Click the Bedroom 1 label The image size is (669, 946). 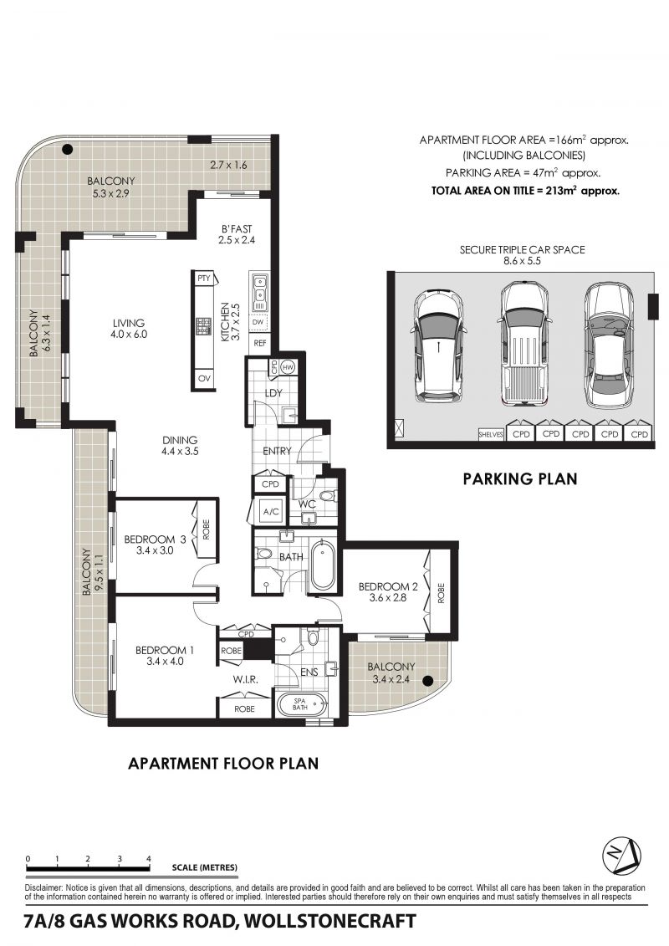tap(164, 655)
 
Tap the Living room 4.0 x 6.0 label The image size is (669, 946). tap(129, 328)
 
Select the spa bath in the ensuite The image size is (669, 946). tap(300, 704)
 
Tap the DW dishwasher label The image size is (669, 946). tap(258, 322)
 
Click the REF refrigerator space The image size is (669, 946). tap(260, 343)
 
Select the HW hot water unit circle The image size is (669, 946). tap(287, 367)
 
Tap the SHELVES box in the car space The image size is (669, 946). tap(490, 434)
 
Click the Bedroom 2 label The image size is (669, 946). tap(388, 592)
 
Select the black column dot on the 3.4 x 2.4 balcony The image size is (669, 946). tap(427, 681)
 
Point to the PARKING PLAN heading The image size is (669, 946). tap(520, 479)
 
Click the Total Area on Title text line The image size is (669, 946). tap(525, 191)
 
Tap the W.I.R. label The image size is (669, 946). tap(246, 680)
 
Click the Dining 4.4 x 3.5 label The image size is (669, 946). tap(180, 445)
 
